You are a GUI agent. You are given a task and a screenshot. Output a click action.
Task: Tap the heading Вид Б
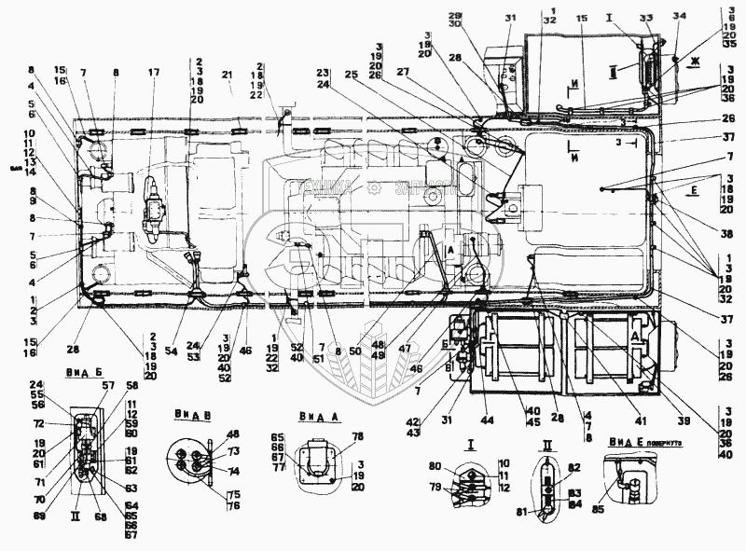point(83,370)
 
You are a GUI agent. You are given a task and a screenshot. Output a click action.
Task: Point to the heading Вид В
point(189,413)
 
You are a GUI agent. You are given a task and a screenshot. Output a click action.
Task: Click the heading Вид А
point(317,416)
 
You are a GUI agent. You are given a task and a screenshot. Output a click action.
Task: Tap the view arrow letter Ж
point(695,61)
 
